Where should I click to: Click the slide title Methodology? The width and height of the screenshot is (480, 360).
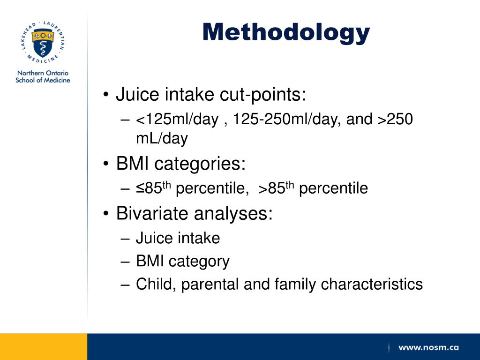point(286,32)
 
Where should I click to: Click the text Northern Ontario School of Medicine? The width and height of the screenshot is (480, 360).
point(43,76)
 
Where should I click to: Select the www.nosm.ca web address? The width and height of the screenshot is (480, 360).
point(428,348)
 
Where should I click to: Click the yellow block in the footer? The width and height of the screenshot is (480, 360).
point(43,346)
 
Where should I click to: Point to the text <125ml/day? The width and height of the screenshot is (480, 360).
point(177,120)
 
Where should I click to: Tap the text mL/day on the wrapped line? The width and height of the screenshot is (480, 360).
point(162,138)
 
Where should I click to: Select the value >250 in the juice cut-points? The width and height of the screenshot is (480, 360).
point(395,120)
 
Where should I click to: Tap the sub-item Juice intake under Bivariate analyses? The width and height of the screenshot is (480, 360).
point(178,238)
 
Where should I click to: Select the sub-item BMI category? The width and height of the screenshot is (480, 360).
point(183,261)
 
